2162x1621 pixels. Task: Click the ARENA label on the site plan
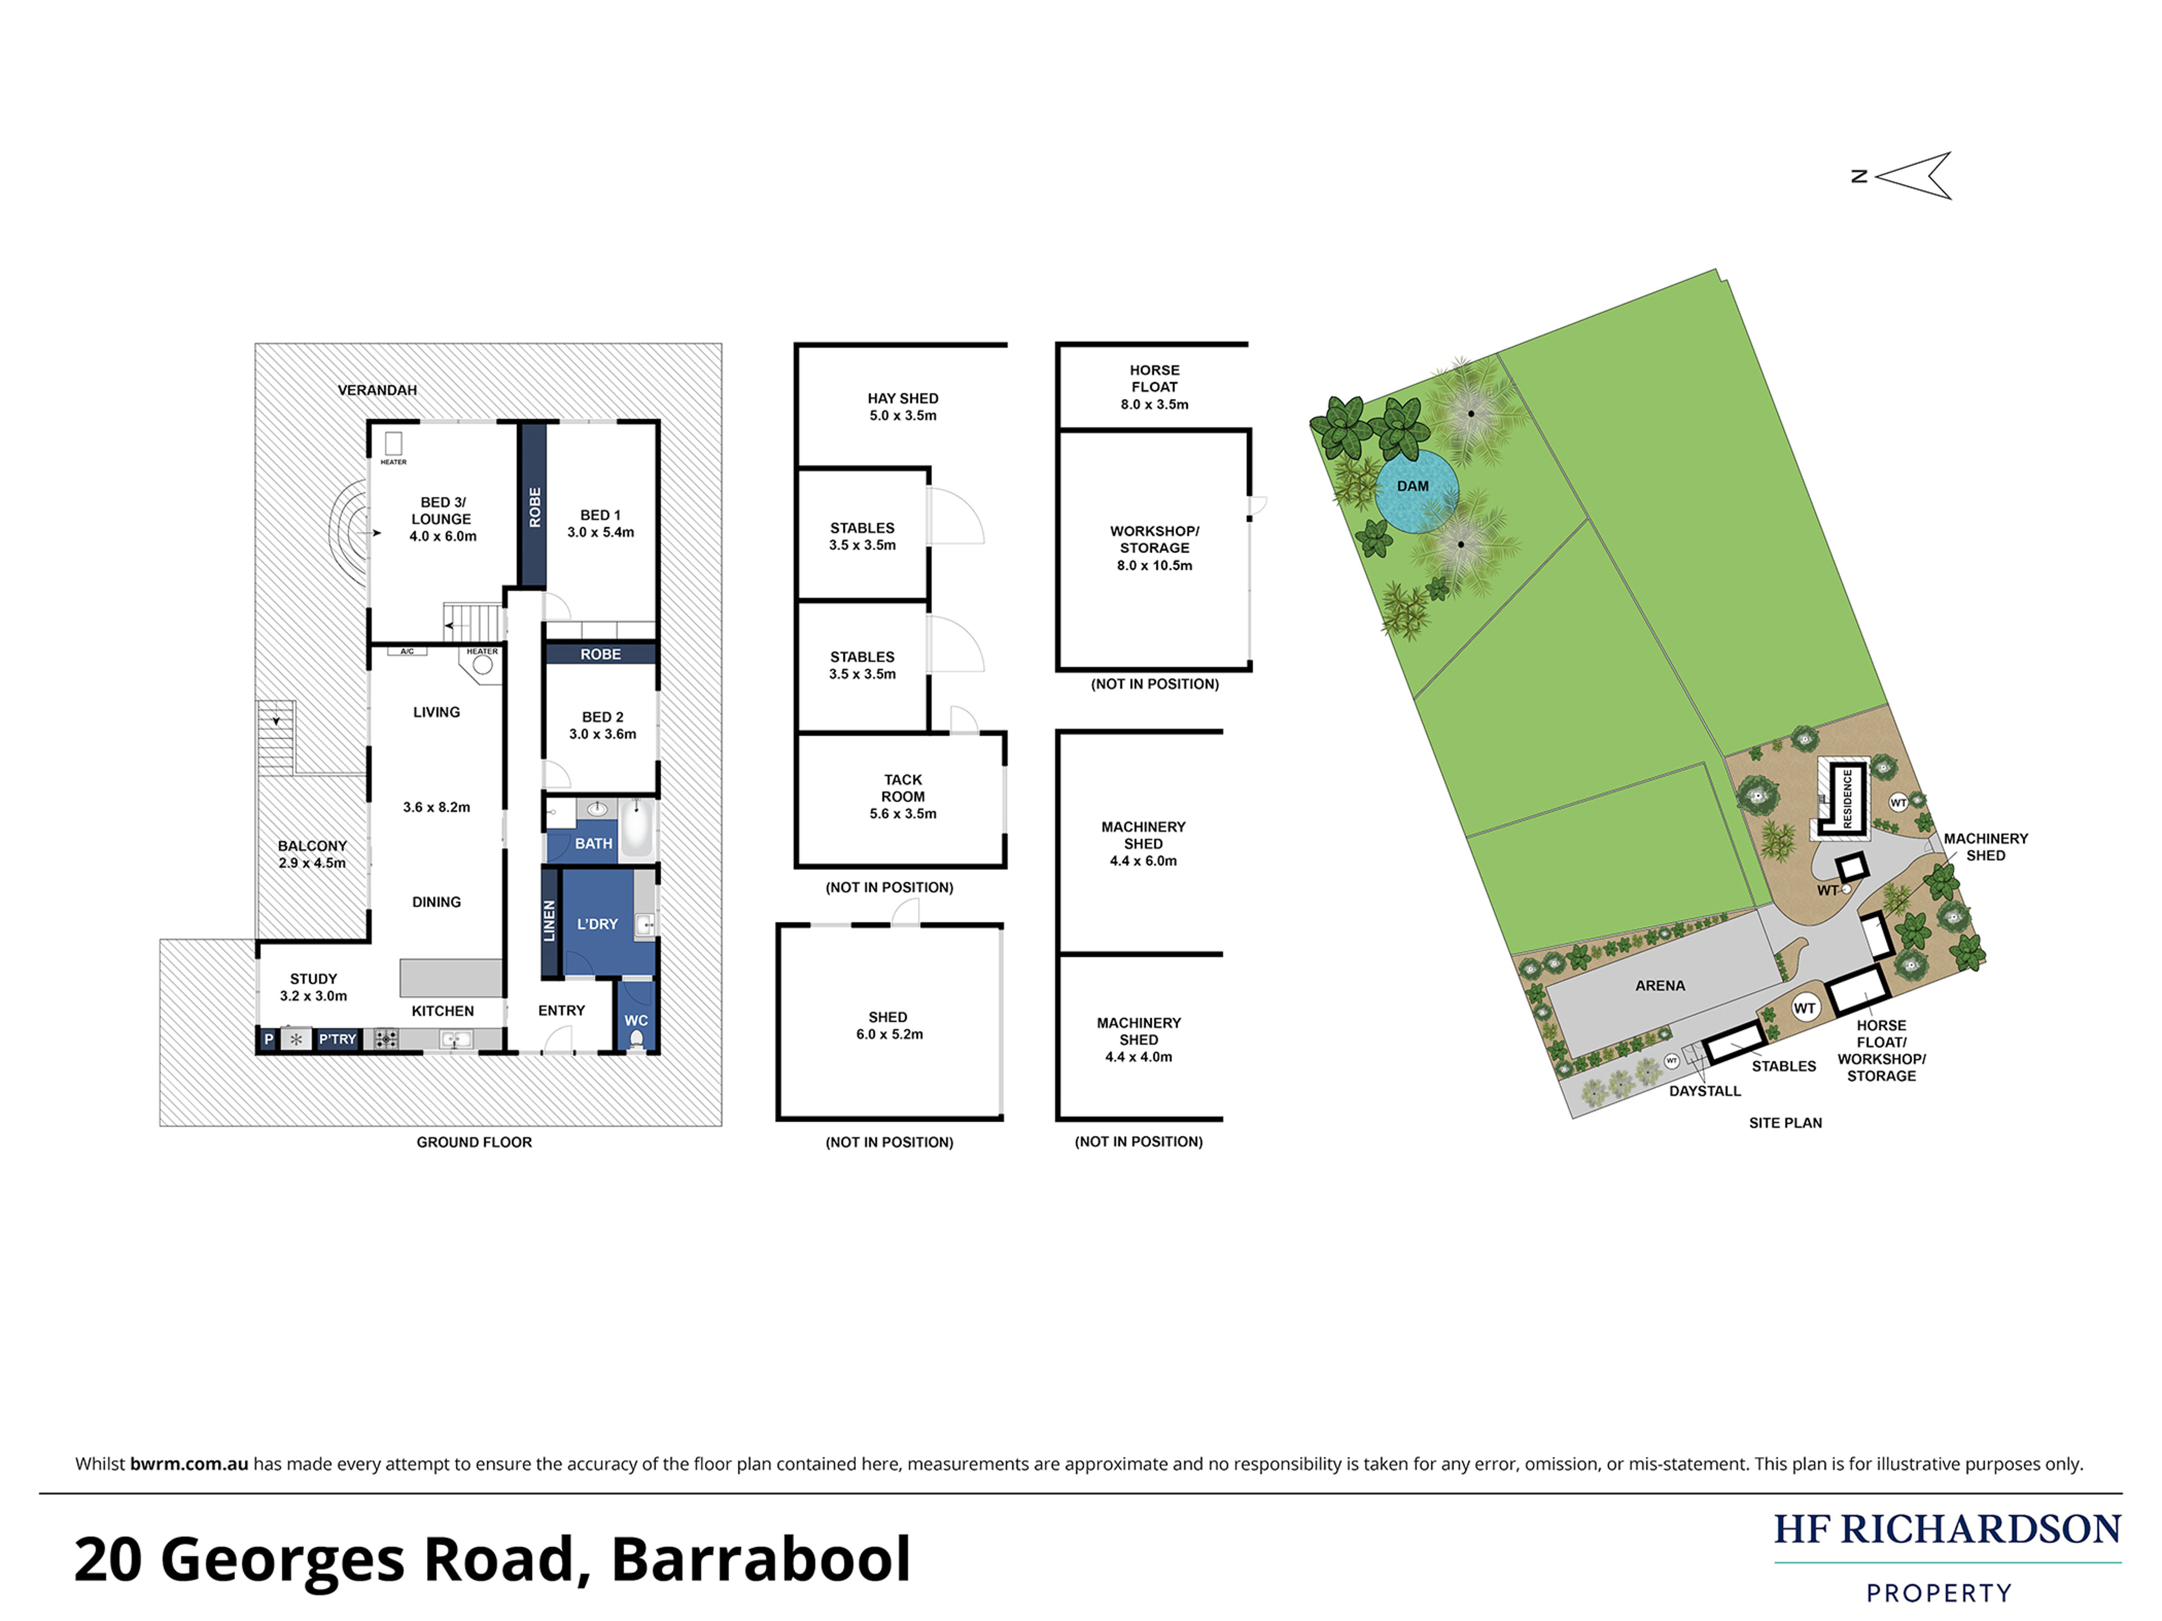coord(1659,985)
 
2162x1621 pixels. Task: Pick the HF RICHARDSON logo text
coord(1947,1529)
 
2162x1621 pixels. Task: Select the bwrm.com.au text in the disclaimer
coord(189,1464)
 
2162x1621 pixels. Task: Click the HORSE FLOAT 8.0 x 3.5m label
coord(1154,387)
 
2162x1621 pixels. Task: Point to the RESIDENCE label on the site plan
coord(1847,798)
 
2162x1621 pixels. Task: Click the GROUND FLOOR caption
coord(474,1142)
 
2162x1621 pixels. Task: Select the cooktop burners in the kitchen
coord(386,1039)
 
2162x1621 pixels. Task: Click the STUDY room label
coord(313,979)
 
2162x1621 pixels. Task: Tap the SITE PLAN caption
coord(1785,1123)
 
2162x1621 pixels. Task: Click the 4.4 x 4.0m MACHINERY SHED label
coord(1139,1039)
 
